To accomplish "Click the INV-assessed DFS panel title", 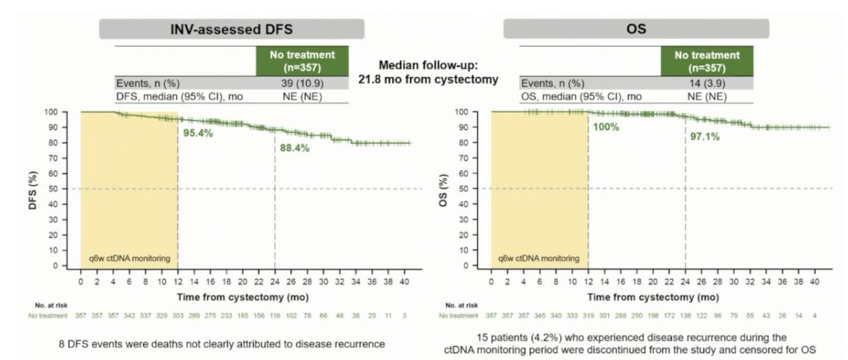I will [x=232, y=30].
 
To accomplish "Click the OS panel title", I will [x=636, y=30].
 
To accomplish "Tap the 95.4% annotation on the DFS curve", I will [x=198, y=134].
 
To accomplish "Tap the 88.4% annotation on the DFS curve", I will [x=293, y=148].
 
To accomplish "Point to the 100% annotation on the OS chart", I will [x=604, y=127].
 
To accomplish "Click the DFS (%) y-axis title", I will [x=53, y=188].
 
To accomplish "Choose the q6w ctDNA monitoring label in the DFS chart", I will [x=128, y=259].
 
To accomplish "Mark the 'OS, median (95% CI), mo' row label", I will [x=581, y=96].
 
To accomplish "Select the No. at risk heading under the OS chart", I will [x=463, y=304].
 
